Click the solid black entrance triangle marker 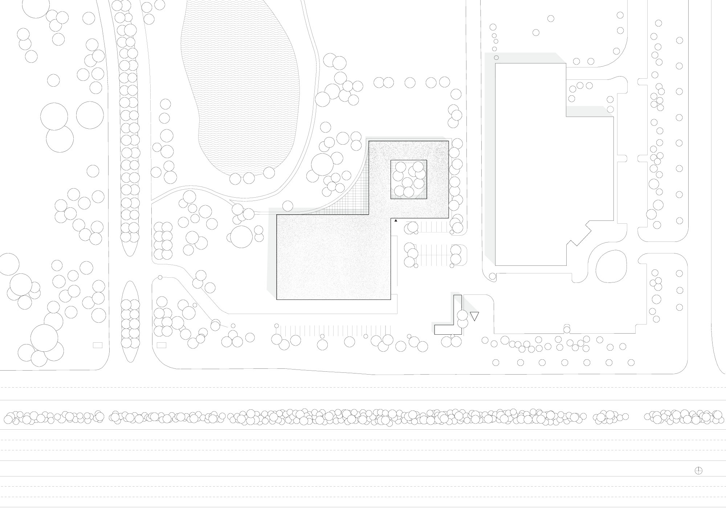396,220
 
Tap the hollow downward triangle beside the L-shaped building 474,316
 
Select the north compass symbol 698,481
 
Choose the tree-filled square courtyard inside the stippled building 408,179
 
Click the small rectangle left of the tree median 98,345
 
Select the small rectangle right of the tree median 161,345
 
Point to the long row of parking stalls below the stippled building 334,330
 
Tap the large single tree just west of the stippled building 241,236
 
